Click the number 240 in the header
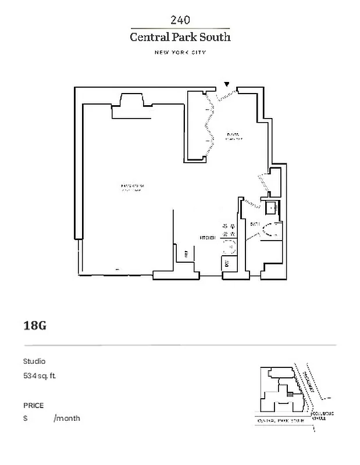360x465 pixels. [180, 20]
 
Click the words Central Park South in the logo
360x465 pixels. [180, 37]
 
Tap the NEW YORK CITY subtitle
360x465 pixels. [180, 52]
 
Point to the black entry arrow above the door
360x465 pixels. [227, 85]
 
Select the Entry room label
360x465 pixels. [233, 136]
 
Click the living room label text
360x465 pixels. [132, 187]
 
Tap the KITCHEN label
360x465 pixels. [208, 237]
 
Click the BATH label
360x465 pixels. [254, 224]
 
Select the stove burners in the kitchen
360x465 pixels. [229, 230]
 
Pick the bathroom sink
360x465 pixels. [271, 207]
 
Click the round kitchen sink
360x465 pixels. [229, 247]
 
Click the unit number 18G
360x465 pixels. [34, 325]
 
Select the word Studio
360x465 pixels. [34, 361]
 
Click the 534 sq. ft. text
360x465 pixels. [40, 375]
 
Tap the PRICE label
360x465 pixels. [33, 405]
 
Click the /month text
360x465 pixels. [67, 418]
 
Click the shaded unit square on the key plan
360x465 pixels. [290, 394]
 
